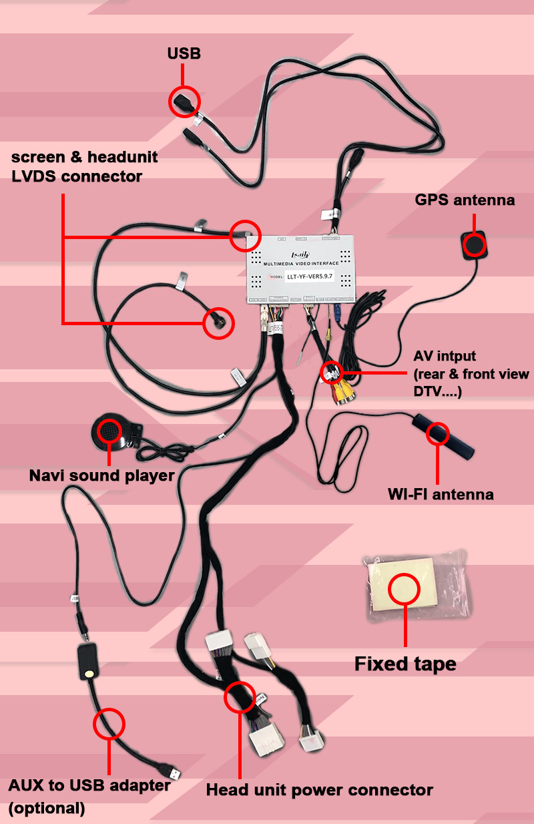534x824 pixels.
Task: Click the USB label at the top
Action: pos(184,53)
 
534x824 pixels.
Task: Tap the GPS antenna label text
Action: pos(465,200)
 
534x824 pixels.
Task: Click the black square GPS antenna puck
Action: pos(475,245)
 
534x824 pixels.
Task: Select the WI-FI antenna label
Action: pos(441,494)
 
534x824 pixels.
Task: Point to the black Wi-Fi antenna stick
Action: pos(443,436)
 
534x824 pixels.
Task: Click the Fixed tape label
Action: pos(405,664)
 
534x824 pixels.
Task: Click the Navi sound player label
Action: pos(101,476)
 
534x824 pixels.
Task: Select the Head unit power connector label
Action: pos(319,791)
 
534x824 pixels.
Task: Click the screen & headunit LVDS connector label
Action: pos(84,167)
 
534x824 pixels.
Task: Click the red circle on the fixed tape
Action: pos(403,589)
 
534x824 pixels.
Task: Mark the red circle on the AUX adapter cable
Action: pos(109,722)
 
